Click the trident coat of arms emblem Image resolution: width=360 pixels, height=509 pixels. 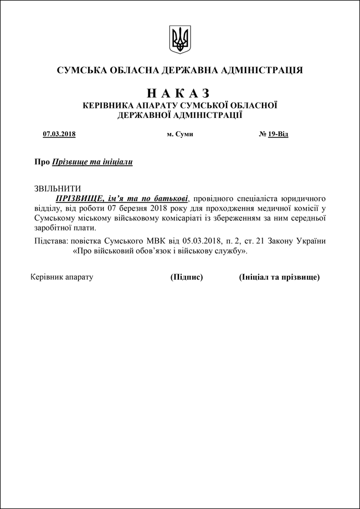tap(179, 39)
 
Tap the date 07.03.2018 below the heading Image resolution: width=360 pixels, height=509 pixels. tap(59, 135)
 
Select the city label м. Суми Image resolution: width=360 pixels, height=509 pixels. tap(180, 135)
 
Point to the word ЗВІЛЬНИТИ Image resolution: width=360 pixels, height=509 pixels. tap(58, 188)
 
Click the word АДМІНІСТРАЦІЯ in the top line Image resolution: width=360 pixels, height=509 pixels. tap(261, 70)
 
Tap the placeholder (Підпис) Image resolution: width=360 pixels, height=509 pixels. tap(187, 277)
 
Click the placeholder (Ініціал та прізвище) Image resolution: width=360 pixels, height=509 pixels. tap(279, 277)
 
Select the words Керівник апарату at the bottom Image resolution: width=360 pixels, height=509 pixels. tap(61, 277)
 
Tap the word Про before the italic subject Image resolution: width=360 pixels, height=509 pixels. tap(42, 162)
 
